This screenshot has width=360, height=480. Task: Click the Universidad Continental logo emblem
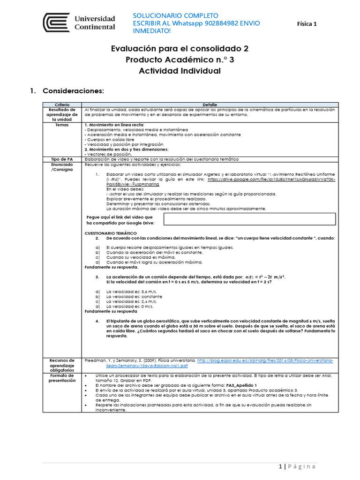(57, 23)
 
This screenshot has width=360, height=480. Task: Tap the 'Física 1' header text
(307, 24)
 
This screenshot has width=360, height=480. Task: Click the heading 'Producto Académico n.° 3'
(180, 60)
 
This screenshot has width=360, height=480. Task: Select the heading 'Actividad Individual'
(180, 71)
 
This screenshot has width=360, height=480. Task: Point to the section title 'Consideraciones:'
(73, 90)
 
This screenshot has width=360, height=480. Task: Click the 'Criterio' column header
(62, 105)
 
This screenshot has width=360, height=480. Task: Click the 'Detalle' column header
(210, 105)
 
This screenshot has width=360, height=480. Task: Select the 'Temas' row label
(62, 125)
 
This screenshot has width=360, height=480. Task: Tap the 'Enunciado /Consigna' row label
(62, 167)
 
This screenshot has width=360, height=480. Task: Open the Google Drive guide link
(271, 179)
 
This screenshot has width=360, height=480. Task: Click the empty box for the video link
(250, 219)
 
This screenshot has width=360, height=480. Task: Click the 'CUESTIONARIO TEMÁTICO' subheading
(110, 233)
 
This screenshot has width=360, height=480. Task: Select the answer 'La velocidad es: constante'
(134, 297)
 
